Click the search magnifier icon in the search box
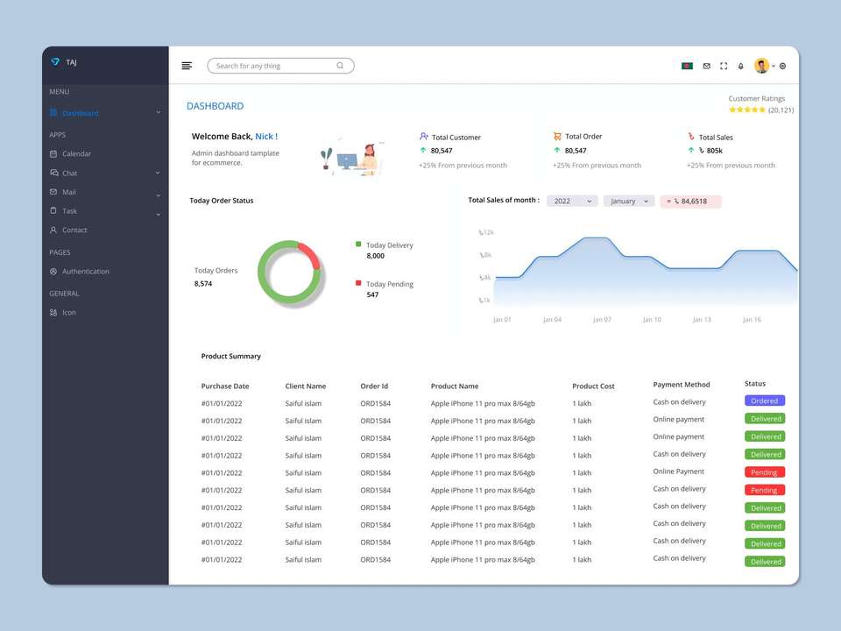click(x=340, y=66)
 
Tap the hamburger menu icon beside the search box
click(x=187, y=66)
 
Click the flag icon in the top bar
click(x=687, y=66)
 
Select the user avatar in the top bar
click(x=761, y=66)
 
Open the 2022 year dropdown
click(x=572, y=202)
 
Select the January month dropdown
click(x=629, y=202)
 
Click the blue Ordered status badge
click(x=764, y=401)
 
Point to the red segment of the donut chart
click(x=310, y=254)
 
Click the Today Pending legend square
click(x=358, y=283)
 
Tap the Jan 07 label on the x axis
click(x=602, y=319)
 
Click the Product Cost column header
click(x=593, y=386)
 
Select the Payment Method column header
click(x=682, y=385)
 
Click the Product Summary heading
click(x=230, y=357)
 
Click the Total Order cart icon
click(x=557, y=137)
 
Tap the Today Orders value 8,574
click(x=203, y=284)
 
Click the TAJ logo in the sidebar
click(x=63, y=62)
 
